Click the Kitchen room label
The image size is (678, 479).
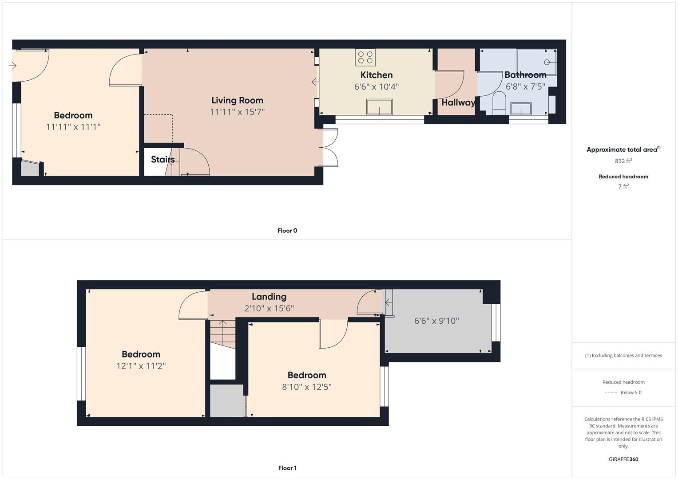point(376,75)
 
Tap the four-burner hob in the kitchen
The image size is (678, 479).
point(365,58)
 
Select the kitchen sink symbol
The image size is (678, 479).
point(379,107)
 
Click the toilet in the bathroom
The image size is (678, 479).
point(499,103)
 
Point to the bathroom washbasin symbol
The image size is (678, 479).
point(521,109)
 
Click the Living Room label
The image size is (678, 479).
point(237,100)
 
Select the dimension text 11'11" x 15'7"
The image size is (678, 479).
point(237,112)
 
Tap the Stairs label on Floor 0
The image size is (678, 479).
point(163,159)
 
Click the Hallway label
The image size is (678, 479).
point(458,102)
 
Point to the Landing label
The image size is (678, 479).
point(269,297)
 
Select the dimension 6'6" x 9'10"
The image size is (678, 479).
point(436,321)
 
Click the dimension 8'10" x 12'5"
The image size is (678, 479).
point(307,387)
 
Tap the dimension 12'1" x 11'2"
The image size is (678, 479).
point(141,366)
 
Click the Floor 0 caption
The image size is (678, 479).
point(287,231)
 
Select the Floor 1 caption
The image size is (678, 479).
point(287,468)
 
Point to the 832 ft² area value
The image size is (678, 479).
point(623,161)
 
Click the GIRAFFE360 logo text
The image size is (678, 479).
point(623,459)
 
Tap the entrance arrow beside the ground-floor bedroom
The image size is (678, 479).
point(12,65)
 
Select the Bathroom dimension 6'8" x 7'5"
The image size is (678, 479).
point(525,87)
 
